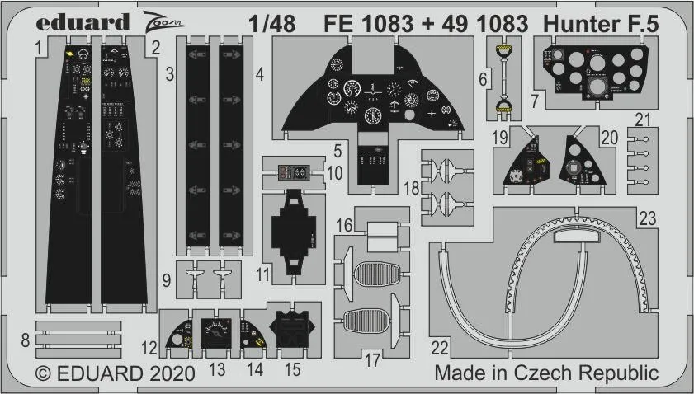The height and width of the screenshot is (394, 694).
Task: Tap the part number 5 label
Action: (x=338, y=151)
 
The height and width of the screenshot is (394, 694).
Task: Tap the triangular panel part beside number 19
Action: (x=528, y=162)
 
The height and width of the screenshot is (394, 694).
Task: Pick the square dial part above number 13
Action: (x=216, y=334)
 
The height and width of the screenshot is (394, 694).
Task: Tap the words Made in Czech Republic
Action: (x=545, y=373)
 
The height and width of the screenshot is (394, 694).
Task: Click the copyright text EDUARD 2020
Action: (x=116, y=373)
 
